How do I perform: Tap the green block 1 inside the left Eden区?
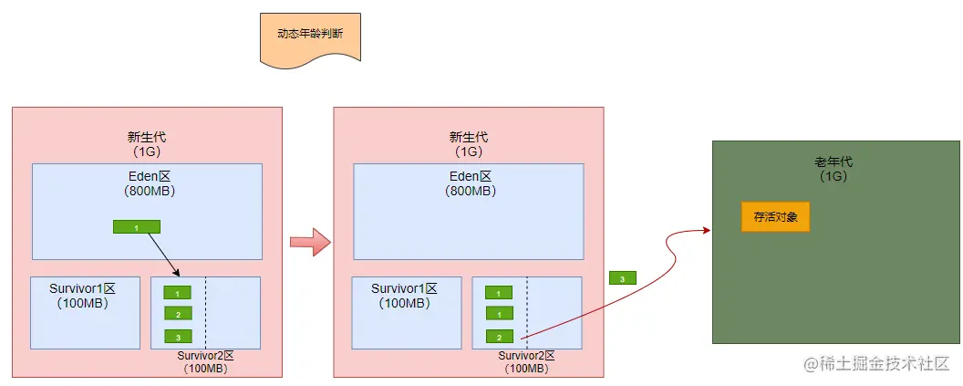tap(136, 226)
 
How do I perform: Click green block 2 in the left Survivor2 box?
tap(178, 314)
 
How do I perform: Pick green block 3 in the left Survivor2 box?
tap(178, 336)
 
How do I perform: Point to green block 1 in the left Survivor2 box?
tap(178, 293)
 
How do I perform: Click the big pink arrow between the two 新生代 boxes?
tap(308, 243)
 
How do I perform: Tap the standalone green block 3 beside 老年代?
tap(622, 278)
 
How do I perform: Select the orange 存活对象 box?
tap(775, 217)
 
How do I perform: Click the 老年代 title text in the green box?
tap(834, 162)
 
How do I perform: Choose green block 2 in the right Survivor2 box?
tap(499, 336)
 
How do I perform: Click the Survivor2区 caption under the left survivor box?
tap(205, 356)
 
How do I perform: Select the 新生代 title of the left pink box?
tap(147, 137)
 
